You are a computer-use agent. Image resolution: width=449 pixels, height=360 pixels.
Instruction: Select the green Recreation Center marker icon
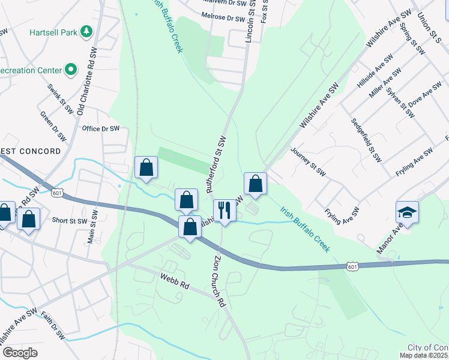pos(70,70)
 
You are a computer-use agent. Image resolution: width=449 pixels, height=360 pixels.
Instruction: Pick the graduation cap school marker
pos(407,212)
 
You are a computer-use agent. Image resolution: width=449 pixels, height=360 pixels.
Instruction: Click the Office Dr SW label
pos(101,128)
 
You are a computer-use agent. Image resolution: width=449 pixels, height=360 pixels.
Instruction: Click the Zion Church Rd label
pos(218,280)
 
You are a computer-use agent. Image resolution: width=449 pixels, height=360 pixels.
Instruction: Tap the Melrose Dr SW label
pos(224,19)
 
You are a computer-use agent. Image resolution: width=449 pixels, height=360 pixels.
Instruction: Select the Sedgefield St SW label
pos(366,140)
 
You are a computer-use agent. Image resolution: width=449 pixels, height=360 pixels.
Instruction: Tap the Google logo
pos(20,352)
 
